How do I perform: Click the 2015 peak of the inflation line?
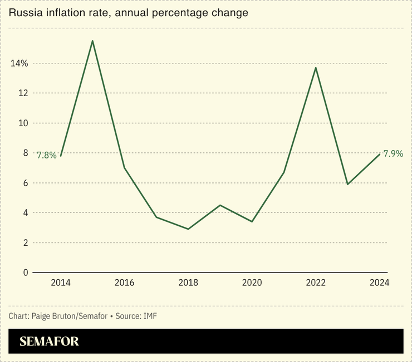(92, 41)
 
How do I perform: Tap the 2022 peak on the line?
(316, 68)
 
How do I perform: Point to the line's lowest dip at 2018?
(188, 229)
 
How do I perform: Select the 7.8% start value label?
(47, 156)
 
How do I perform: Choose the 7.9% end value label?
(393, 153)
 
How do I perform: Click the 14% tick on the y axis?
(19, 63)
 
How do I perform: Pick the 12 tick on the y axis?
(23, 93)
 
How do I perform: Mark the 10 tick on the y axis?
(23, 123)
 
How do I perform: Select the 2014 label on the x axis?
(61, 283)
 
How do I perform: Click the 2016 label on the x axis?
(124, 283)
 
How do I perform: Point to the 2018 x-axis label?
(188, 283)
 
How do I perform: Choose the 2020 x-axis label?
(252, 283)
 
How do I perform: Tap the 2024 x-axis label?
(380, 283)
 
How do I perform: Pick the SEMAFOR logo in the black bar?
(50, 341)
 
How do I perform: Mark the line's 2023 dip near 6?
(348, 184)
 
